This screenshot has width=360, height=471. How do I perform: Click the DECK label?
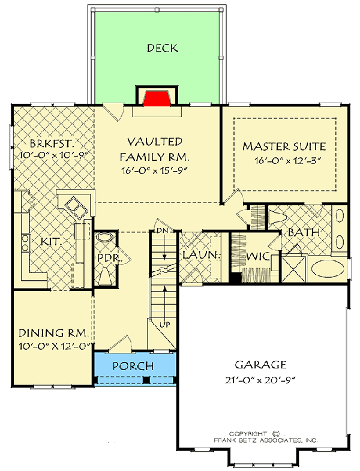162,48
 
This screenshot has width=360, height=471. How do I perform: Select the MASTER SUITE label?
284,146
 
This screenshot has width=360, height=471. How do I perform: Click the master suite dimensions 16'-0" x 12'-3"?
284,160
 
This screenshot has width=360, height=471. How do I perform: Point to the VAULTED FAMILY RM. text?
154,149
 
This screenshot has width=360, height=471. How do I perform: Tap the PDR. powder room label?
106,259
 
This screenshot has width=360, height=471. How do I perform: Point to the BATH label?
303,232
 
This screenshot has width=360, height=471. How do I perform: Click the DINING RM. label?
54,333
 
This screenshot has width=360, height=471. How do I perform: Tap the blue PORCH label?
133,366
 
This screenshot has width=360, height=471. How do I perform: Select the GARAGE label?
260,364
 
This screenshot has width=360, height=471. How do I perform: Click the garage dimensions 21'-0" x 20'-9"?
260,379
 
